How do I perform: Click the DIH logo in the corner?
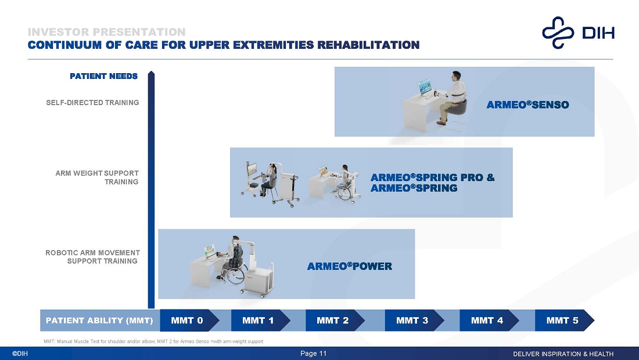[578, 33]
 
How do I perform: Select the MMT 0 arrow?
[189, 321]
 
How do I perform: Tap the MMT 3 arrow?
[414, 321]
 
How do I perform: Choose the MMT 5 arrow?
[565, 321]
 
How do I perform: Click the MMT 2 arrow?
[335, 321]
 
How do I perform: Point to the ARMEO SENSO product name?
[527, 105]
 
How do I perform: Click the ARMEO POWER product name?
[350, 267]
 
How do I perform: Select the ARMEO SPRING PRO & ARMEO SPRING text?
[432, 183]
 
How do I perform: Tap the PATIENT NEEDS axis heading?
[103, 76]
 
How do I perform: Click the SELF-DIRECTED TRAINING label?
[92, 103]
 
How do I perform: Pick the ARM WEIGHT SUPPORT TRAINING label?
[97, 178]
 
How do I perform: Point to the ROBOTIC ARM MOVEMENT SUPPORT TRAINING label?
[92, 257]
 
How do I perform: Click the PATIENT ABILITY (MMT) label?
[99, 321]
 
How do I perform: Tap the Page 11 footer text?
[313, 354]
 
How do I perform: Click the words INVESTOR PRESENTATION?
[106, 32]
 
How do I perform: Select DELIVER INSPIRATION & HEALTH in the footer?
[563, 354]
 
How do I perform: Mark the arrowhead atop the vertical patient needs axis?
[151, 73]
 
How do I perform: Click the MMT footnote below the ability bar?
[153, 341]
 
